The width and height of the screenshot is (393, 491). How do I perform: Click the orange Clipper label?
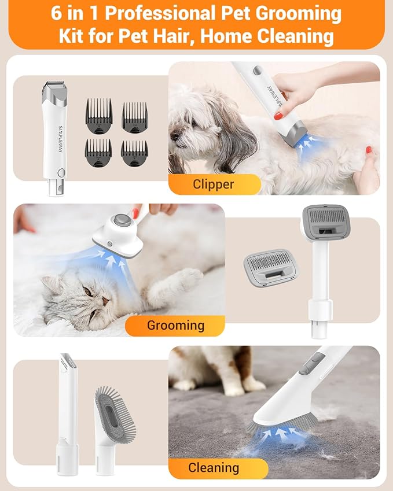click(x=214, y=184)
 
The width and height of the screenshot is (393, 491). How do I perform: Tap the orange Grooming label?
click(x=175, y=325)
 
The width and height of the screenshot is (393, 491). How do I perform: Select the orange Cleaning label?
click(x=214, y=467)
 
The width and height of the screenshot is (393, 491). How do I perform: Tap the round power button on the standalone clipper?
click(x=61, y=172)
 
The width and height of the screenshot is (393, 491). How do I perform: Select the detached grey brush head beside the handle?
click(x=266, y=268)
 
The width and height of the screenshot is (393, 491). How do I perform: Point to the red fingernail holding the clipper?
click(x=278, y=116)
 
